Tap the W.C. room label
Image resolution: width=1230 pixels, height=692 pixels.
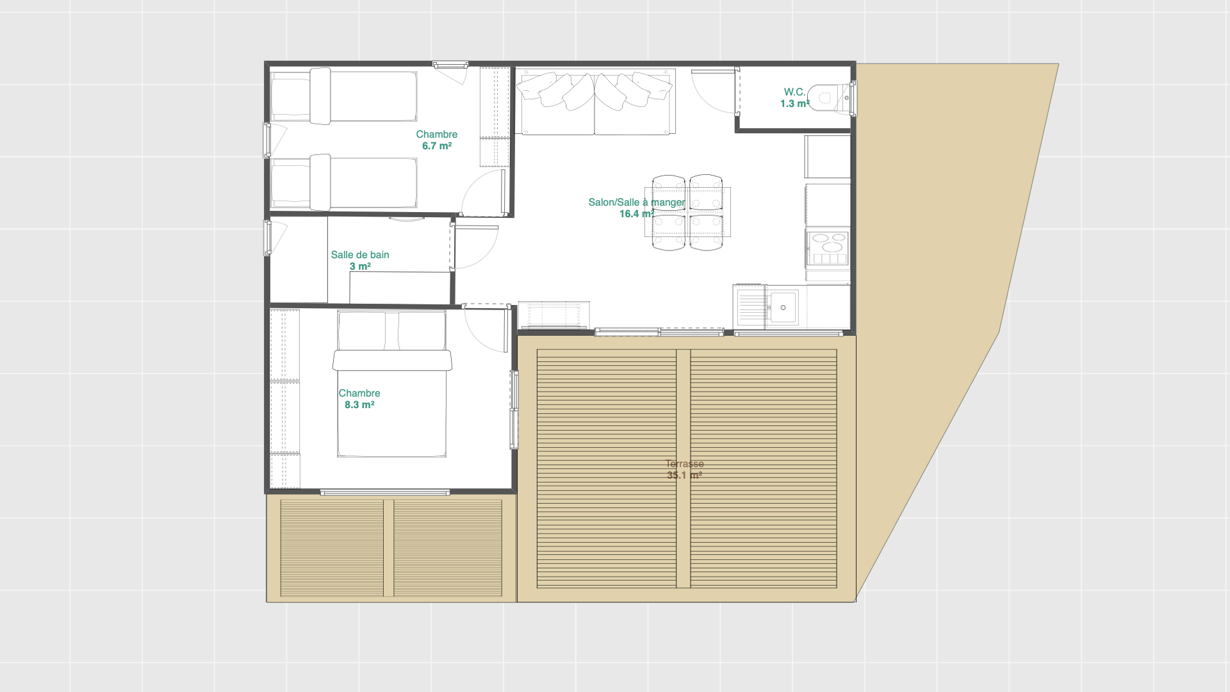point(794,92)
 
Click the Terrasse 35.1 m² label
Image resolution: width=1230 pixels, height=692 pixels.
point(685,470)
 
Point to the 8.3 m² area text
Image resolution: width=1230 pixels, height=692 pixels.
point(359,405)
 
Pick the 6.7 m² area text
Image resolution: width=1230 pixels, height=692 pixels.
point(437,146)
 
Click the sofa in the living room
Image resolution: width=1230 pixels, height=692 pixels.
point(596,102)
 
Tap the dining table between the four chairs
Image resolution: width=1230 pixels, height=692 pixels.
point(687,212)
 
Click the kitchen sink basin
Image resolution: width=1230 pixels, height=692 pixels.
point(783,308)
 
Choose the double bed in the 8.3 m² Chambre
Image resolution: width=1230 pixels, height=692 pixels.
point(392,384)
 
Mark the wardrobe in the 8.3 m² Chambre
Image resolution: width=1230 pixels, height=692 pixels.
point(284,399)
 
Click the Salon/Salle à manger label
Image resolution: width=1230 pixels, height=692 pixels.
point(637,202)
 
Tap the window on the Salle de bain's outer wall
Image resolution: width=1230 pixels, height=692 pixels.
point(267,237)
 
